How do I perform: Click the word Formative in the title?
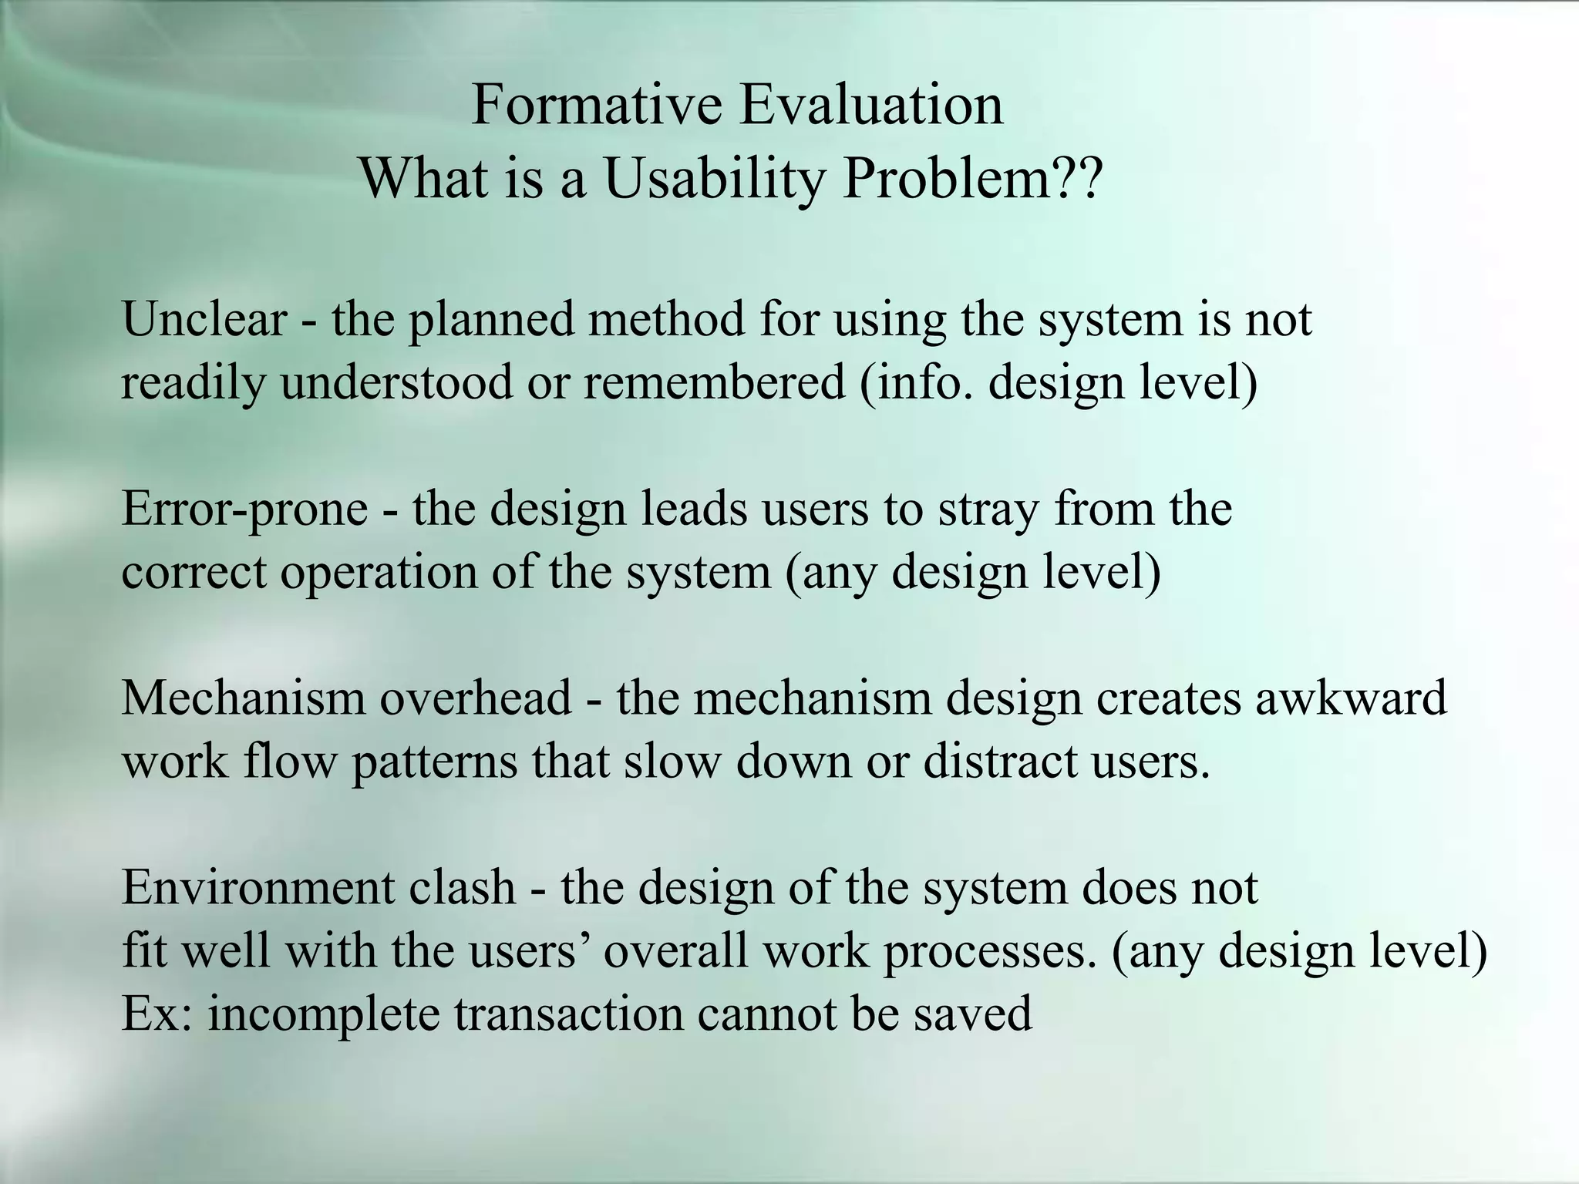pos(596,105)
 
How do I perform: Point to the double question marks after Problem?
pos(1079,179)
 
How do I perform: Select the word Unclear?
pos(204,319)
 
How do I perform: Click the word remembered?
pos(714,382)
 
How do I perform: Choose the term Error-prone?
pos(244,510)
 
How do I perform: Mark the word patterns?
pos(435,762)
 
